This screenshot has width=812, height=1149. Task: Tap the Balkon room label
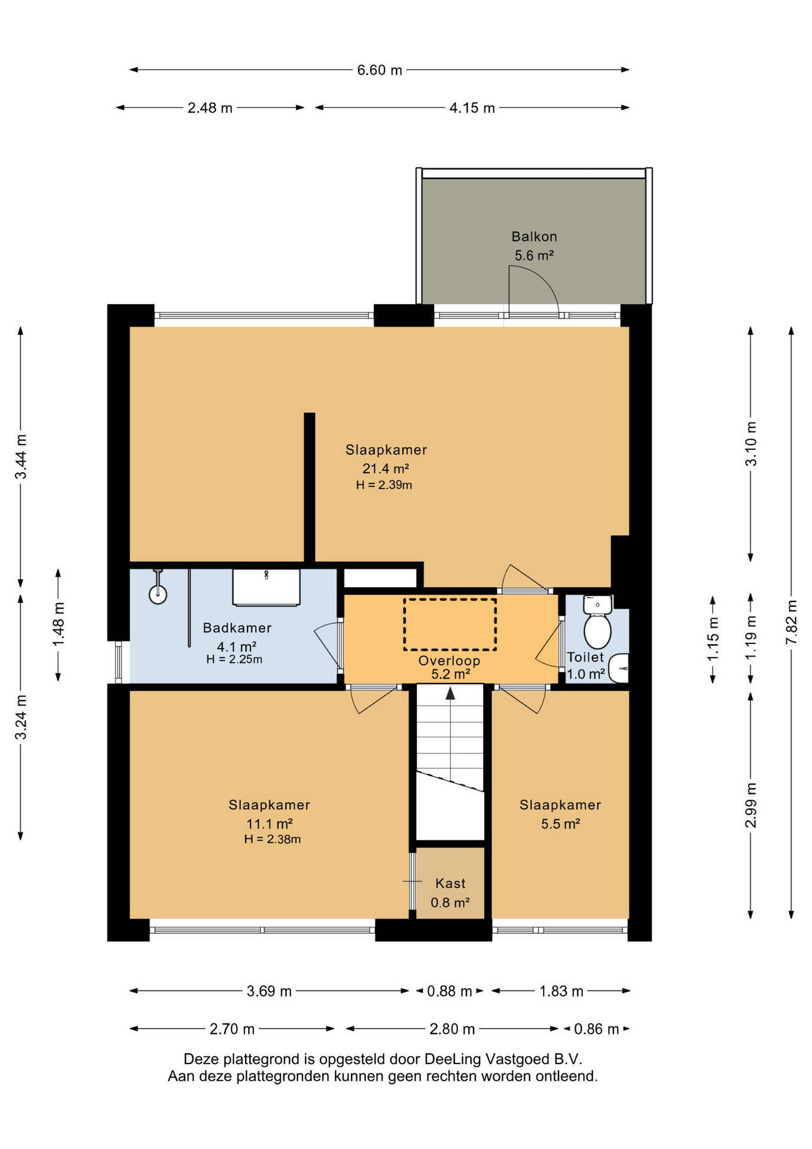point(534,236)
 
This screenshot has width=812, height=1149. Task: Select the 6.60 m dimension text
point(380,70)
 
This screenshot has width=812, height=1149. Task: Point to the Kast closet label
point(450,883)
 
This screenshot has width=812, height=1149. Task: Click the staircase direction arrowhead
point(450,693)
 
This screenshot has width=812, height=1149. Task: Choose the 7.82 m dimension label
point(791,622)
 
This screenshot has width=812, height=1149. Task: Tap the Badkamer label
point(237,628)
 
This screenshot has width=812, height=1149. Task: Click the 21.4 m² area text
point(386,468)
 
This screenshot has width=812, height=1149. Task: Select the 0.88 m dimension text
point(450,991)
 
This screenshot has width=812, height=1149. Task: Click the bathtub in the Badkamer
point(266,588)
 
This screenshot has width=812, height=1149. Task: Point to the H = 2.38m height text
point(272,839)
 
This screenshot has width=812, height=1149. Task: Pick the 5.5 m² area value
point(560,823)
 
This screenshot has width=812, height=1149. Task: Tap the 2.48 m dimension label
point(210,108)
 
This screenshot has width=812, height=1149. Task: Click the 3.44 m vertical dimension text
point(21,457)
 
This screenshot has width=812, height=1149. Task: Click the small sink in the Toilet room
point(619,668)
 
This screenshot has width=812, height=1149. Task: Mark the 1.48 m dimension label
point(59,625)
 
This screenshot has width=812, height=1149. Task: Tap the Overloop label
point(449,661)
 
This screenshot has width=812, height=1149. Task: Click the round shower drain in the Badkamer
point(158,595)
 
